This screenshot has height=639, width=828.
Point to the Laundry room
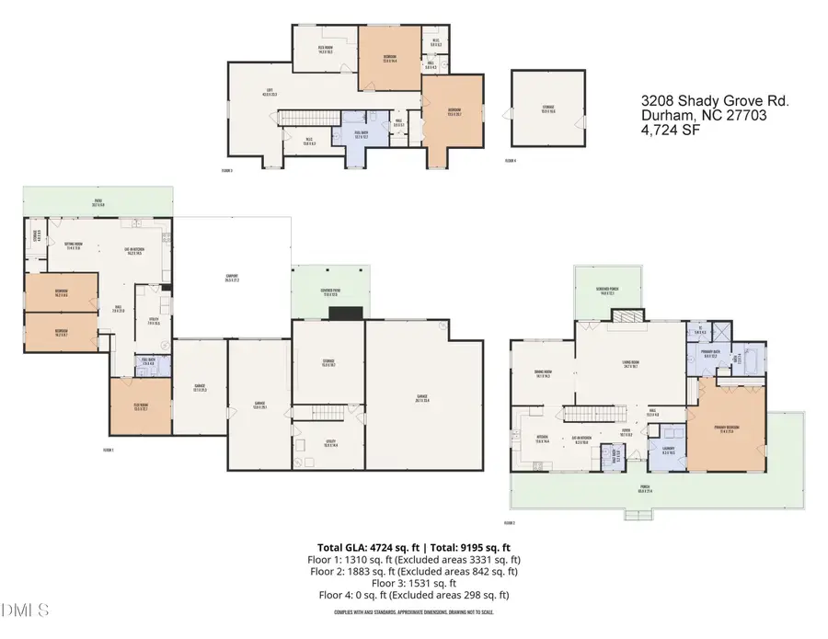pyautogui.click(x=667, y=451)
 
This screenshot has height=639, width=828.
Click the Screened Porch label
pyautogui.click(x=606, y=289)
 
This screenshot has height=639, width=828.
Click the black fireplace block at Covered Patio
pyautogui.click(x=347, y=313)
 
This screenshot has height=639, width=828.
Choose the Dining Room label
pyautogui.click(x=542, y=373)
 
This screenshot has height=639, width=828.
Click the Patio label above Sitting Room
pyautogui.click(x=98, y=202)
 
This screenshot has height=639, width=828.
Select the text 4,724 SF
pyautogui.click(x=671, y=131)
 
